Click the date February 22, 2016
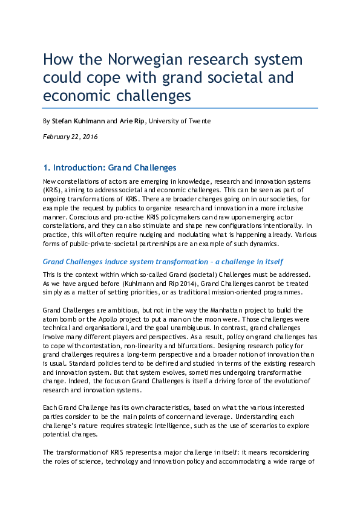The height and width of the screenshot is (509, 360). [x=70, y=137]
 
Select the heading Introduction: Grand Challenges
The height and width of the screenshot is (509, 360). [x=114, y=167]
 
